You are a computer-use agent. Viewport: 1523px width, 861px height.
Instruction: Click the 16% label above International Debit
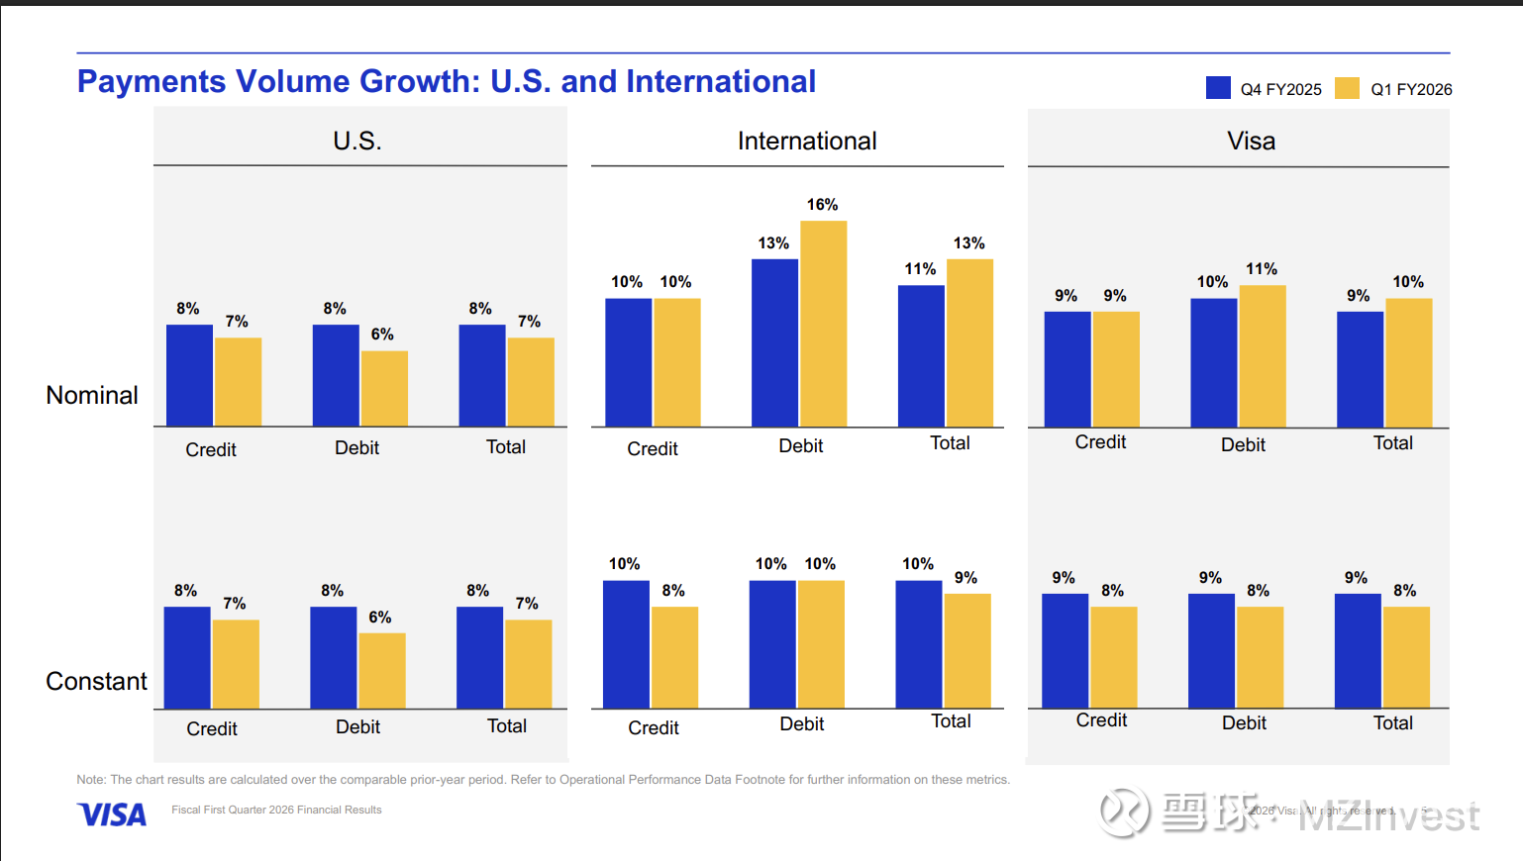(822, 205)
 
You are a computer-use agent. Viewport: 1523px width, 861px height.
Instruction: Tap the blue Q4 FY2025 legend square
(1218, 88)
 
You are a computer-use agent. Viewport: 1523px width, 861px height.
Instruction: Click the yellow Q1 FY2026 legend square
(1347, 88)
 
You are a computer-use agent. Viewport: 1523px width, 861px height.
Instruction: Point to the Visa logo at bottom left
(112, 814)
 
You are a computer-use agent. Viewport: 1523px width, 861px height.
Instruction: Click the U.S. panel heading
(357, 141)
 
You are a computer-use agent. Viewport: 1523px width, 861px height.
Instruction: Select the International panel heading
(807, 141)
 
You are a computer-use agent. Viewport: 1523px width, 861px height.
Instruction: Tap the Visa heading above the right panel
(1251, 141)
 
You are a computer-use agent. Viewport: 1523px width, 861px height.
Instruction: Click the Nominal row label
(92, 395)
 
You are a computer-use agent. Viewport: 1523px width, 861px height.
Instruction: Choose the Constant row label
(96, 681)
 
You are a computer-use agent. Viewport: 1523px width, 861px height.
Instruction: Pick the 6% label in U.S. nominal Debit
(382, 335)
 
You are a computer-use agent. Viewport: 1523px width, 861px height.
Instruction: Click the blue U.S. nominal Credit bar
(189, 375)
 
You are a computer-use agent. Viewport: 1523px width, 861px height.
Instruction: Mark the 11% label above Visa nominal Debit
(1262, 269)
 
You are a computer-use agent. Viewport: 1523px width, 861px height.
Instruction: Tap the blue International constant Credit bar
(626, 644)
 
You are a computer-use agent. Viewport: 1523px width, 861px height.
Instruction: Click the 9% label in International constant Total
(965, 578)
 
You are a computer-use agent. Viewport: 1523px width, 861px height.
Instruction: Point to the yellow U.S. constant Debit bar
(382, 670)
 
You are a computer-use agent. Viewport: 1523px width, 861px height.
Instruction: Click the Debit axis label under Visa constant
(1244, 722)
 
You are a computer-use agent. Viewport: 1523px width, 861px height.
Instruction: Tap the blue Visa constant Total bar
(1358, 650)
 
